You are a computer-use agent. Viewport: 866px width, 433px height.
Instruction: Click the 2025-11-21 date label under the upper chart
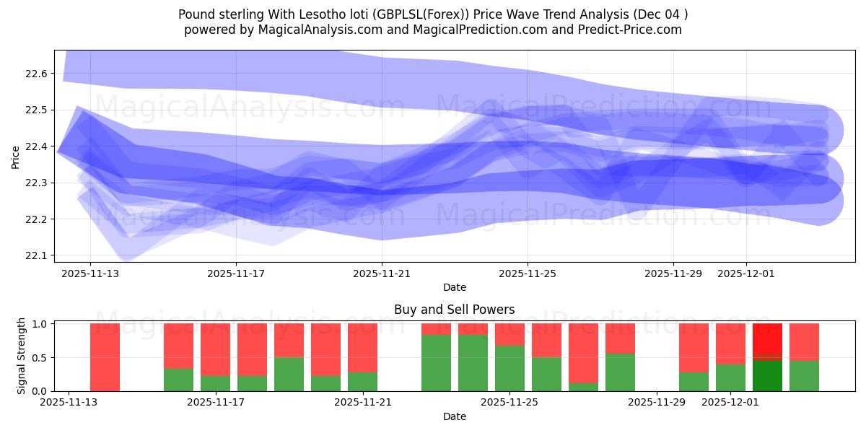(382, 274)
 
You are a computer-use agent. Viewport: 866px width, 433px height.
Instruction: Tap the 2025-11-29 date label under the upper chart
(673, 274)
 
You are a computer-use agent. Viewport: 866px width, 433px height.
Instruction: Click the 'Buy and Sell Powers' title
(454, 310)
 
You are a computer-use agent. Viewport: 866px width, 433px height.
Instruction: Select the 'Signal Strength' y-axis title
(22, 356)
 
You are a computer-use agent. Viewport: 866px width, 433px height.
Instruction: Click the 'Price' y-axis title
(16, 157)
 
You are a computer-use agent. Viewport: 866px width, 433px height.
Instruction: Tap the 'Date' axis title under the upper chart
(454, 287)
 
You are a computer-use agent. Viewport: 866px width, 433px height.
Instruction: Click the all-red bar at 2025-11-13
(105, 357)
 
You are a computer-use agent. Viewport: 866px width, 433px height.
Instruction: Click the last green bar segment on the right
(804, 376)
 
